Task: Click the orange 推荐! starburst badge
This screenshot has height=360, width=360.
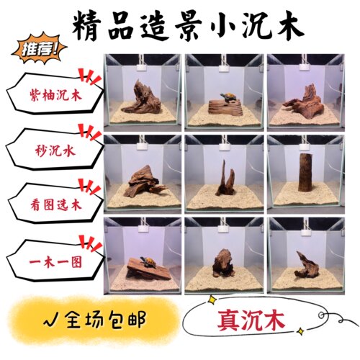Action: click(x=39, y=50)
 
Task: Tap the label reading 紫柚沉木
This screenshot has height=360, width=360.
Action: click(x=56, y=94)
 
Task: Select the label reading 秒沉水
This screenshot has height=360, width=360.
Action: click(x=55, y=151)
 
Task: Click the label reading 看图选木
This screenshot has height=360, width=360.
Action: click(x=56, y=205)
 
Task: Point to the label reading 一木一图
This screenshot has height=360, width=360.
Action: click(x=55, y=261)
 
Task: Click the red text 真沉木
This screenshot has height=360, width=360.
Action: click(x=251, y=320)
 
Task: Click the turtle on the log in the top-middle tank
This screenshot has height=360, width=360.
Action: click(x=228, y=97)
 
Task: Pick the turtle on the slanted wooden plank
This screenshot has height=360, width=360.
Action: click(x=148, y=261)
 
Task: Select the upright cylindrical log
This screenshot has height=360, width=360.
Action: click(x=305, y=172)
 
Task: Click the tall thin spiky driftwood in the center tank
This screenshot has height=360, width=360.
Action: click(x=225, y=179)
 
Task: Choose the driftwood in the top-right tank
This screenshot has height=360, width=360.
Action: click(x=305, y=101)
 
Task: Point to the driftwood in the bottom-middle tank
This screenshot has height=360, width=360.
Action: click(x=223, y=263)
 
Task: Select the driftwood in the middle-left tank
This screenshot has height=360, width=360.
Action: click(x=145, y=181)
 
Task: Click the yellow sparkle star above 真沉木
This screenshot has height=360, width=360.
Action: click(x=212, y=300)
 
